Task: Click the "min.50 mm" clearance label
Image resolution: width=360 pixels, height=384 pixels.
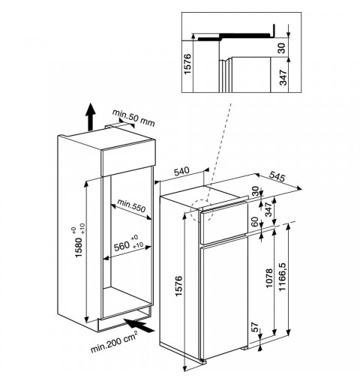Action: pos(133,118)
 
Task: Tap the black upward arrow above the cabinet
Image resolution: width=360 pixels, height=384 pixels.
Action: pos(90,117)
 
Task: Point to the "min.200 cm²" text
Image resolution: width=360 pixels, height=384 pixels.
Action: pos(114,341)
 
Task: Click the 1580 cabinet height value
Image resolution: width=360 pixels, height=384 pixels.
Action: pos(78,247)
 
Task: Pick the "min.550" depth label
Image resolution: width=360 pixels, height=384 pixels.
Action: pos(131,205)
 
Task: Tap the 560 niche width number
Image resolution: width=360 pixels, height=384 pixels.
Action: pos(121,247)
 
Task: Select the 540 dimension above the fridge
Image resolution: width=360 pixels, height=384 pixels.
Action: pos(181,172)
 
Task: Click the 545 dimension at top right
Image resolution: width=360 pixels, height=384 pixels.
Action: pos(277,177)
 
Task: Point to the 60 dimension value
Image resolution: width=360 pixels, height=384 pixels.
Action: pos(254,221)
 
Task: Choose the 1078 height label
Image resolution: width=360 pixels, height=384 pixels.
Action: pos(269,278)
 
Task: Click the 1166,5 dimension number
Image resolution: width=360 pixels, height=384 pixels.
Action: pos(282,277)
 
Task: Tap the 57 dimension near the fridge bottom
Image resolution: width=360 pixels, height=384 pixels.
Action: pos(254,327)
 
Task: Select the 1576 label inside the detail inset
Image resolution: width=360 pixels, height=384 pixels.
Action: pos(187,64)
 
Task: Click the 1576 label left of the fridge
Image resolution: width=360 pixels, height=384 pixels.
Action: pos(178,286)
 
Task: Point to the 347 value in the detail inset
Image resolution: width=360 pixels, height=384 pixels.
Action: pos(283,77)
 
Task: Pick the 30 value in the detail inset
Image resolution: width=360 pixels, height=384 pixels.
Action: pos(282,48)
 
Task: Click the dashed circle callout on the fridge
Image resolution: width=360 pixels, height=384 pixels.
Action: pos(202,211)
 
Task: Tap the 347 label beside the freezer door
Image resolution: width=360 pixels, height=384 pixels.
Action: pos(268,209)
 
